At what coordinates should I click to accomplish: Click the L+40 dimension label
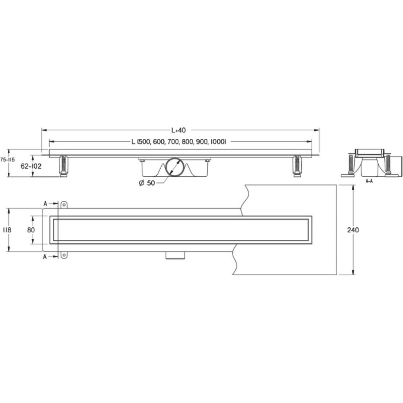[178, 130]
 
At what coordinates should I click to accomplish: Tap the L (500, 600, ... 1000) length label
[179, 142]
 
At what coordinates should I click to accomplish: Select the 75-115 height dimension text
[8, 160]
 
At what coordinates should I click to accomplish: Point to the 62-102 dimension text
[31, 166]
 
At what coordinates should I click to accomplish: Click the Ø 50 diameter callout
[147, 183]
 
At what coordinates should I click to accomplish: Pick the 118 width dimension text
[7, 230]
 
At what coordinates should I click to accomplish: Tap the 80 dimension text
[31, 230]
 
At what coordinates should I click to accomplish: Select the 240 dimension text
[353, 230]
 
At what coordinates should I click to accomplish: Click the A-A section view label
[369, 181]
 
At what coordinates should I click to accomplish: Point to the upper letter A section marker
[45, 204]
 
